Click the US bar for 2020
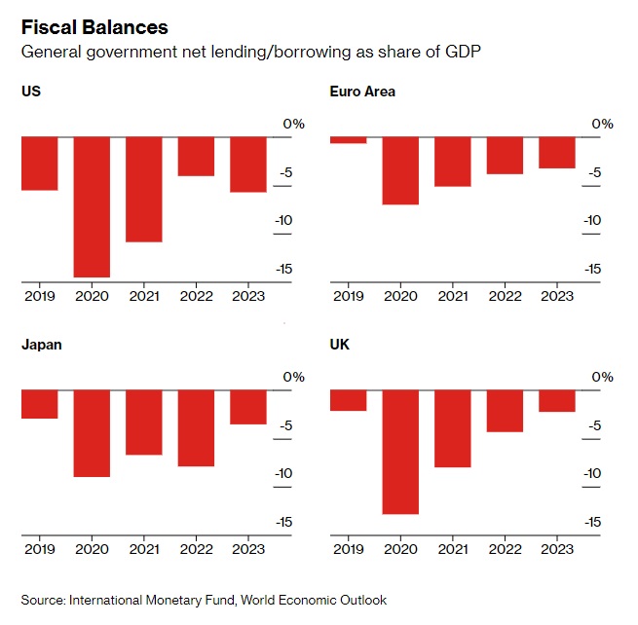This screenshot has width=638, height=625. pyautogui.click(x=92, y=206)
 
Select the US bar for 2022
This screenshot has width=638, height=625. pyautogui.click(x=196, y=156)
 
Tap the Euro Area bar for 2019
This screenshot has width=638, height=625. pyautogui.click(x=349, y=140)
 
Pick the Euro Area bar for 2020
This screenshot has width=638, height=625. pyautogui.click(x=400, y=170)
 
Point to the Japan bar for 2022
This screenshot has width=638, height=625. pyautogui.click(x=196, y=427)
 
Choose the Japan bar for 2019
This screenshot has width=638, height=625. pyautogui.click(x=40, y=404)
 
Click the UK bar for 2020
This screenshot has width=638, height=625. pyautogui.click(x=400, y=451)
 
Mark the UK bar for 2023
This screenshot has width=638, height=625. pyautogui.click(x=556, y=400)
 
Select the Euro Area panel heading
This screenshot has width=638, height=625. pyautogui.click(x=362, y=92)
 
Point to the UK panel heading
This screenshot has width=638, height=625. pyautogui.click(x=340, y=345)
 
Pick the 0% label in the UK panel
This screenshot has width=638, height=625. pyautogui.click(x=602, y=377)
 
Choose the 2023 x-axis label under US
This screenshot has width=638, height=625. pyautogui.click(x=247, y=296)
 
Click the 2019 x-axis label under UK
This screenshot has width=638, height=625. pyautogui.click(x=349, y=549)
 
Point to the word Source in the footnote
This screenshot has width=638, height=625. pyautogui.click(x=42, y=600)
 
